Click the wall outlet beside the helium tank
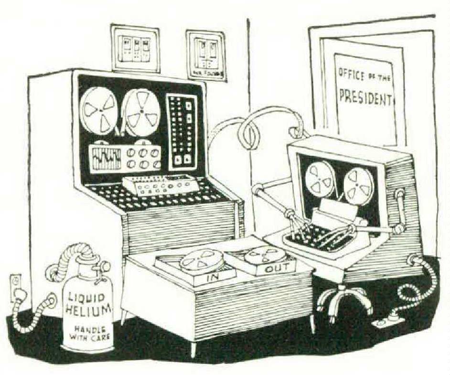[16, 287]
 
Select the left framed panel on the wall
[135, 48]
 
